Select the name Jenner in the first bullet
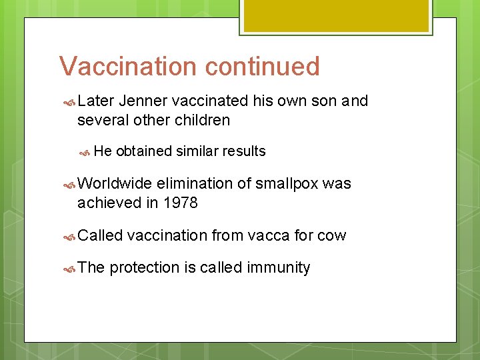tap(143, 101)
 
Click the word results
tap(243, 151)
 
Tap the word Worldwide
tap(115, 183)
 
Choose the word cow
tap(332, 235)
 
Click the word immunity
tap(279, 268)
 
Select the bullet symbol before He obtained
tap(85, 152)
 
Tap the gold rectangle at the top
tap(335, 15)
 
